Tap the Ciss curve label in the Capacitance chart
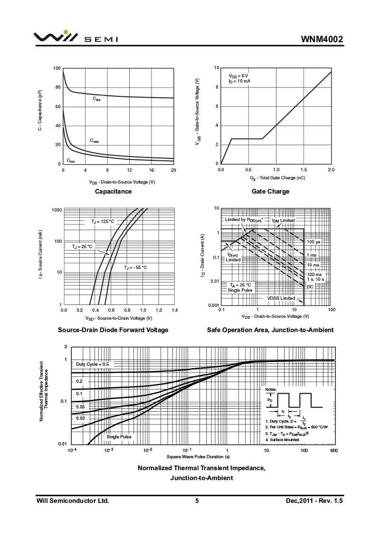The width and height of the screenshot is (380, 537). [x=96, y=99]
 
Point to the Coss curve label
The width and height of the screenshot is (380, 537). [x=95, y=141]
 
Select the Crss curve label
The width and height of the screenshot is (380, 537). [x=70, y=160]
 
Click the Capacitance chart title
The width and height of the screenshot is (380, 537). [x=113, y=191]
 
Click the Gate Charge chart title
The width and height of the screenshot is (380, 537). [x=270, y=191]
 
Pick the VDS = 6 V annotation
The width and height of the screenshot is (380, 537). [x=238, y=76]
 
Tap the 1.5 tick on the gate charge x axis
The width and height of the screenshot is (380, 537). [x=304, y=169]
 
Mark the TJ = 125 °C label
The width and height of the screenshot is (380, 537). [x=103, y=222]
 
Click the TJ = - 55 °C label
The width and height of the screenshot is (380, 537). [x=135, y=268]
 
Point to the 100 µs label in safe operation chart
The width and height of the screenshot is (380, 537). [x=313, y=242]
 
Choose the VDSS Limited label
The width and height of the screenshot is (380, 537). [x=281, y=298]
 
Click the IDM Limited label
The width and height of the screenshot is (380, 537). [x=284, y=220]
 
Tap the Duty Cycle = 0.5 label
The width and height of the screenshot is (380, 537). [x=93, y=364]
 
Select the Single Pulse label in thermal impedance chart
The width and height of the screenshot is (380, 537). [x=119, y=437]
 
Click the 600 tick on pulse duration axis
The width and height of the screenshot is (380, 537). [x=333, y=450]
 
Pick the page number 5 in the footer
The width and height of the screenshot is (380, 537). [x=197, y=500]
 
